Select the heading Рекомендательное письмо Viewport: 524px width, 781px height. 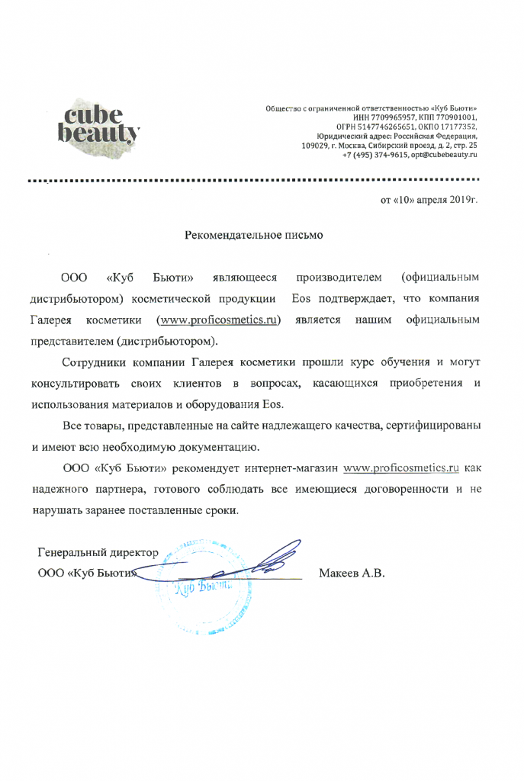[254, 236]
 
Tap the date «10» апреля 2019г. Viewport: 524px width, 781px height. [429, 200]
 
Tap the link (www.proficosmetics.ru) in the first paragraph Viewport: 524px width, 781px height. [218, 320]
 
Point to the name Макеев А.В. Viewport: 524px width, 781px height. [352, 572]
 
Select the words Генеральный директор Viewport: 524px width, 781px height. [98, 552]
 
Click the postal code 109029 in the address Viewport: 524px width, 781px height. [315, 145]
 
